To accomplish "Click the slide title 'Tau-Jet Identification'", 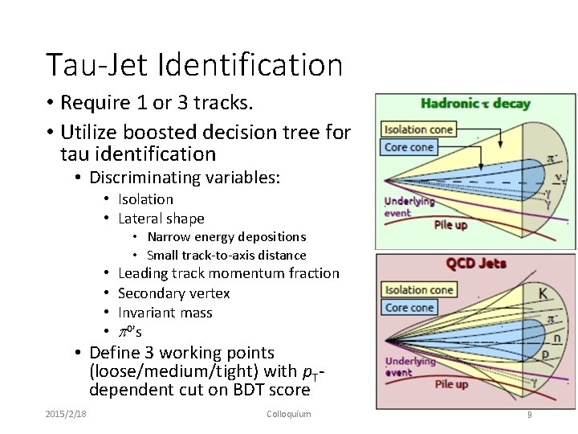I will pyautogui.click(x=194, y=65).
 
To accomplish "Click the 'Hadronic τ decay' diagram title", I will pyautogui.click(x=475, y=103).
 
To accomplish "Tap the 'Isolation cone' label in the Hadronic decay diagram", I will pyautogui.click(x=418, y=129).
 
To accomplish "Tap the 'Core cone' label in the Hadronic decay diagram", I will pyautogui.click(x=409, y=147).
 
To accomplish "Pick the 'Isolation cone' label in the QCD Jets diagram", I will pyautogui.click(x=418, y=290).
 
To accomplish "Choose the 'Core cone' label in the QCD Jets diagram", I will pyautogui.click(x=409, y=308).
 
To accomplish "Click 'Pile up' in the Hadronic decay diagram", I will pyautogui.click(x=450, y=224).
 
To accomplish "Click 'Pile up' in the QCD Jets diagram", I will pyautogui.click(x=450, y=384).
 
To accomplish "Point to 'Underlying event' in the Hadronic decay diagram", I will pyautogui.click(x=409, y=207).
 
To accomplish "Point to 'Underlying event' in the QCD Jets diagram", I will pyautogui.click(x=409, y=366).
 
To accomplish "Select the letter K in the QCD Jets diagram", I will pyautogui.click(x=543, y=294).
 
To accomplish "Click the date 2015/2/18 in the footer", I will pyautogui.click(x=66, y=414).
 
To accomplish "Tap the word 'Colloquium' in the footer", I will pyautogui.click(x=288, y=414).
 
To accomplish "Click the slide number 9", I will pyautogui.click(x=529, y=415).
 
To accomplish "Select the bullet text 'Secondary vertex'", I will pyautogui.click(x=173, y=293).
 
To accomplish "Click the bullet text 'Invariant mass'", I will pyautogui.click(x=165, y=313).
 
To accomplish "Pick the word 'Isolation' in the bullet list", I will pyautogui.click(x=145, y=199).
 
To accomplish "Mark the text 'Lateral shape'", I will pyautogui.click(x=161, y=219).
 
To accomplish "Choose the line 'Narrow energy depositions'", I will pyautogui.click(x=226, y=237).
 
